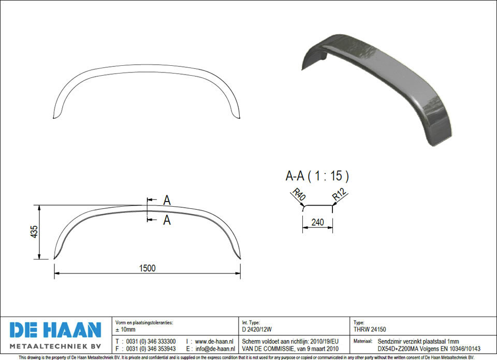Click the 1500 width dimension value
coord(148,268)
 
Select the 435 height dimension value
coord(34,232)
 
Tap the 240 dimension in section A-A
coord(317,222)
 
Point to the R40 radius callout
coord(299,194)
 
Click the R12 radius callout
coord(340,194)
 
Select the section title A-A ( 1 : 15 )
coord(317,176)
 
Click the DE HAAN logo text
coord(55,330)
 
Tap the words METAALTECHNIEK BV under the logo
coord(55,345)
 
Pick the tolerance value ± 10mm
coord(125,329)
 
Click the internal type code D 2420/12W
coord(257,329)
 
